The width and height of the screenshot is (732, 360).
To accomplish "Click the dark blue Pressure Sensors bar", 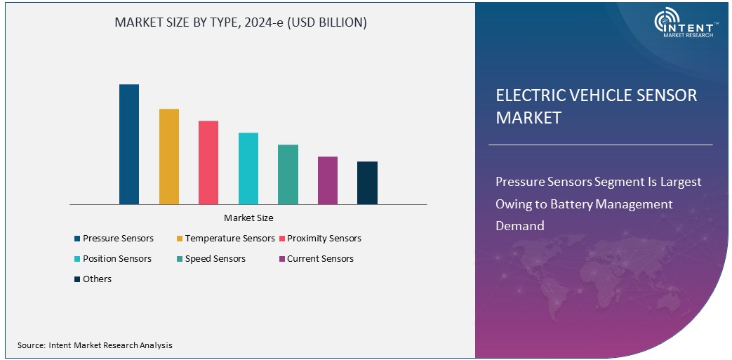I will coord(129,145).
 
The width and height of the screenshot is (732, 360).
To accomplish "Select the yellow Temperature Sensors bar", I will coord(169,156).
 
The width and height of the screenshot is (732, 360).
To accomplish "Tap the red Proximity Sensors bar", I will coord(208,163).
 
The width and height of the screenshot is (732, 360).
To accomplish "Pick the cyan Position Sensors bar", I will coord(248,168).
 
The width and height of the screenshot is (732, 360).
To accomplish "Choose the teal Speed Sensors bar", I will coord(288,175).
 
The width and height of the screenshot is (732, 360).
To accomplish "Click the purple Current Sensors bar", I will coord(328,180).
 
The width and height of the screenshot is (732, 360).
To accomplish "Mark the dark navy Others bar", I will coord(367,183).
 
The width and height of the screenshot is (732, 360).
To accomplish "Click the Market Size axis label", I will coord(248,218).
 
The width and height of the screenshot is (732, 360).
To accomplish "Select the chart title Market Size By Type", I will coord(241,22).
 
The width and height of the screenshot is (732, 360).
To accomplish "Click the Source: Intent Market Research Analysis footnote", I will coord(95,345).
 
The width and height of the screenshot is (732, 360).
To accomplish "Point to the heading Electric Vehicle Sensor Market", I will coord(596,106).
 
